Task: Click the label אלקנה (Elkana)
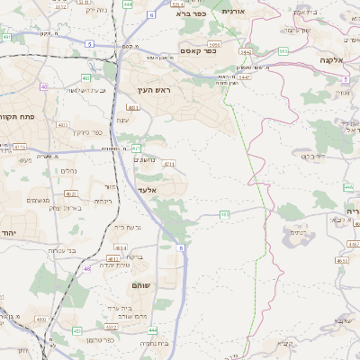tap(332, 59)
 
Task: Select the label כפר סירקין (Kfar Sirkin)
tap(85, 131)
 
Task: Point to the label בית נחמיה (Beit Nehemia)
tap(155, 342)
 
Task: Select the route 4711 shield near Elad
tap(169, 165)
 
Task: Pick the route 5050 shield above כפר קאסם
tap(213, 43)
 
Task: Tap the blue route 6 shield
tap(150, 15)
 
